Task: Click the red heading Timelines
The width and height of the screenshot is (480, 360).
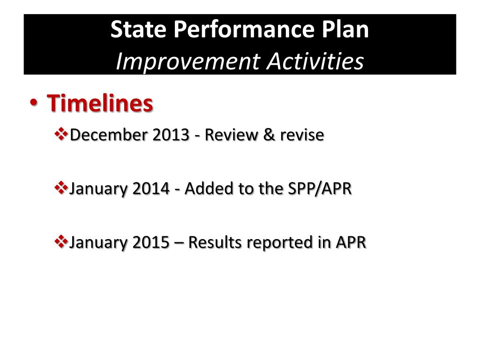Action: point(100,104)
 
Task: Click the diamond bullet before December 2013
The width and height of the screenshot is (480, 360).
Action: point(61,135)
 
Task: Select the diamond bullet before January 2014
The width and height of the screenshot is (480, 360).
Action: point(61,188)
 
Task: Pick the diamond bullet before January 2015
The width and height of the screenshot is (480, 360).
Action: point(61,242)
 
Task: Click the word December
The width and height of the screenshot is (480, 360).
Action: point(104,135)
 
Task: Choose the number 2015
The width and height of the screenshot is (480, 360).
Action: point(151,242)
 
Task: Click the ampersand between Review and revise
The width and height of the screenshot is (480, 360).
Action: point(268,135)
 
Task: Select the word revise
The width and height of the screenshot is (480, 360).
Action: point(302,135)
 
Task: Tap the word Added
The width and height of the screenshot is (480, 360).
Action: point(205,189)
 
